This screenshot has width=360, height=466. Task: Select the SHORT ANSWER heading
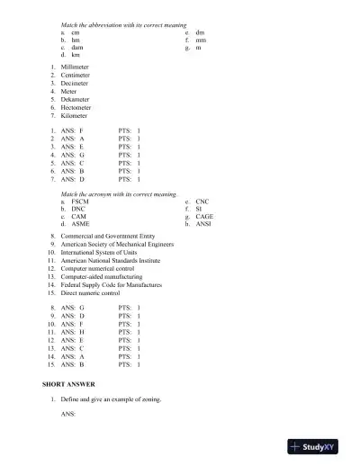click(69, 384)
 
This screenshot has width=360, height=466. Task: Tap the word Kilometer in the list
click(75, 115)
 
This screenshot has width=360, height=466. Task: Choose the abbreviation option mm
click(201, 40)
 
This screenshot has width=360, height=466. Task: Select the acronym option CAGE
click(204, 217)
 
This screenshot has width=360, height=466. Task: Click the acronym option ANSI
click(204, 224)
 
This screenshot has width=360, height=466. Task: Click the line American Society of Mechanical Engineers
click(117, 244)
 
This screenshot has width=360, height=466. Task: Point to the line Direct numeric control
click(90, 293)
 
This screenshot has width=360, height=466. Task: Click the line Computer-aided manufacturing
click(102, 277)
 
